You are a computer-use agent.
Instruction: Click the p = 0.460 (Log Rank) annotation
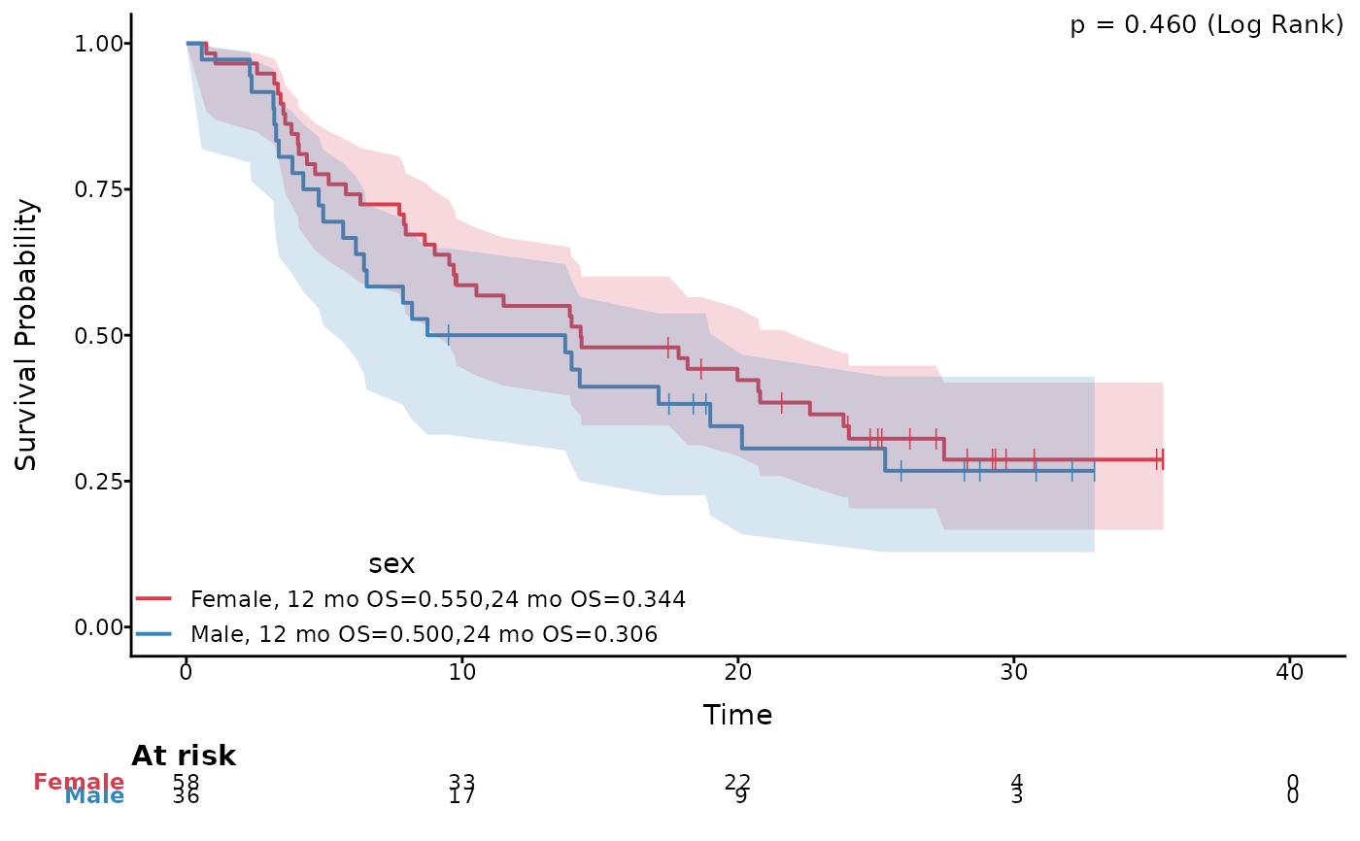click(1207, 26)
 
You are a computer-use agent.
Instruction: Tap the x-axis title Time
click(737, 716)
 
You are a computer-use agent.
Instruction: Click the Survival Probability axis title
click(26, 335)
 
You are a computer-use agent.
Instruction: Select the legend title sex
click(391, 564)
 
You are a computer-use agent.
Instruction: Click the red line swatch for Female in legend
click(153, 599)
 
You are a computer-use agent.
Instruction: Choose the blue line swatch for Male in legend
click(153, 634)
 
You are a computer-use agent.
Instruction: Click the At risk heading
click(184, 756)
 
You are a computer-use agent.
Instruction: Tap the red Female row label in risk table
click(80, 782)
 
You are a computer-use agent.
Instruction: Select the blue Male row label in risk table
click(94, 796)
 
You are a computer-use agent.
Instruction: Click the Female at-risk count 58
click(186, 781)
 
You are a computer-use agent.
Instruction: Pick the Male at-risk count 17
click(461, 796)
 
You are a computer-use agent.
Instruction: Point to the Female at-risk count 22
click(737, 781)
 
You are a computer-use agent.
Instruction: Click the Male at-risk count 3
click(1015, 797)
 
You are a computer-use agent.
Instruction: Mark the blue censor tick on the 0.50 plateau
click(448, 335)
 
